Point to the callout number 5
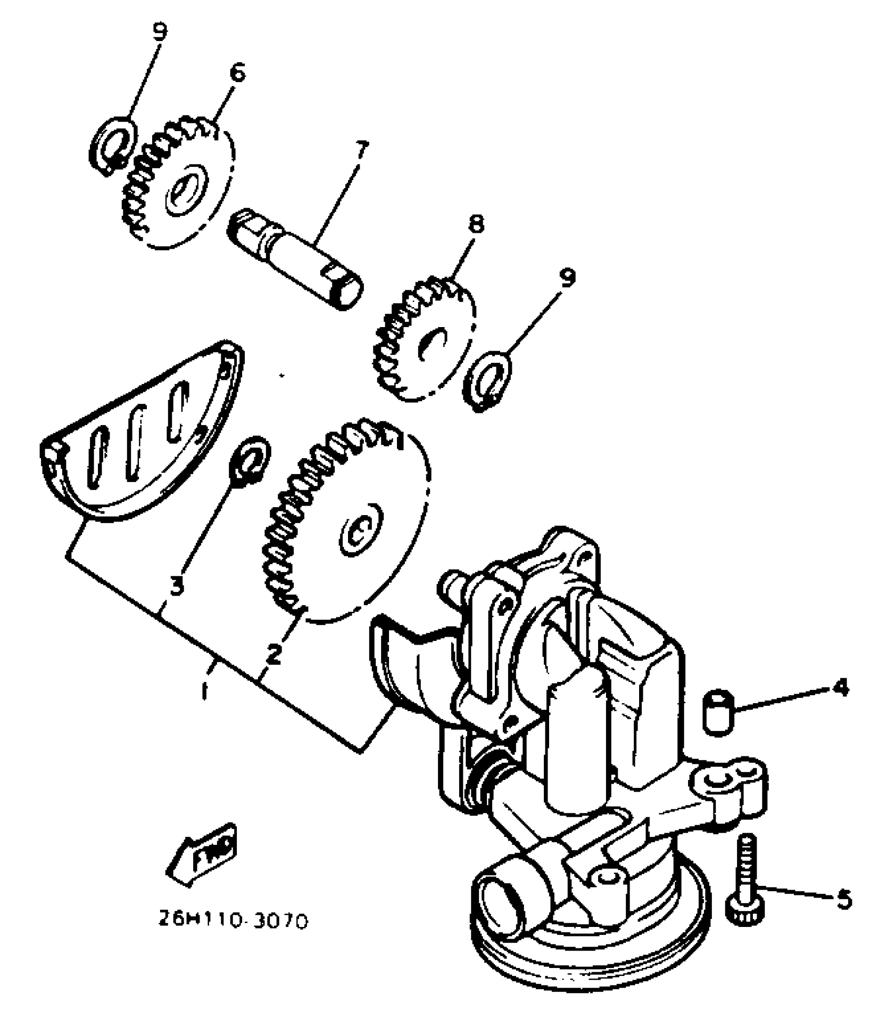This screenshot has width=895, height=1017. point(843,898)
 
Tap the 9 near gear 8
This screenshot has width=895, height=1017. point(568,277)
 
